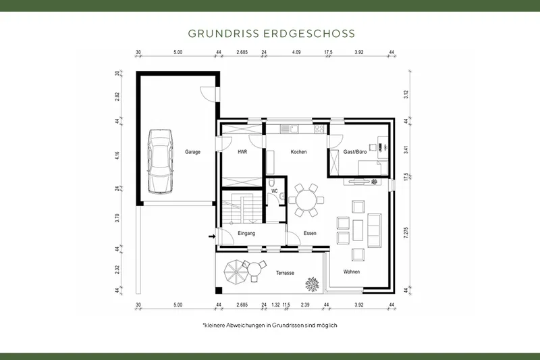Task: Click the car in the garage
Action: click(160, 160)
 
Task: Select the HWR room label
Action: click(242, 153)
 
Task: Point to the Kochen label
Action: click(298, 152)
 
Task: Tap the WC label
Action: click(274, 191)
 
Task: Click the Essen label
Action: click(310, 234)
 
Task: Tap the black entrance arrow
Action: click(211, 236)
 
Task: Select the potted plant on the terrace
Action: click(313, 285)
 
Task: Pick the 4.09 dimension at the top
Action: click(296, 51)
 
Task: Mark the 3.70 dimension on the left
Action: click(117, 217)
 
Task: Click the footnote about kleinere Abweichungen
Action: click(269, 325)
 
